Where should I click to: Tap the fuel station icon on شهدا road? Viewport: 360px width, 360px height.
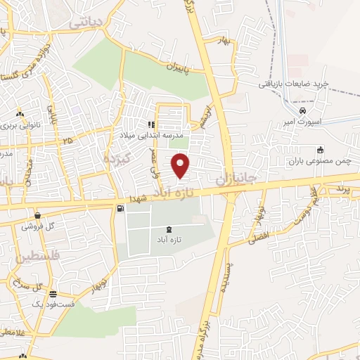pyautogui.click(x=121, y=207)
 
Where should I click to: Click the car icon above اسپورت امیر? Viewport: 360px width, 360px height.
pyautogui.click(x=302, y=110)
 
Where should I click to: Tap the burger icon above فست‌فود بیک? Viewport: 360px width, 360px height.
pyautogui.click(x=53, y=293)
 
